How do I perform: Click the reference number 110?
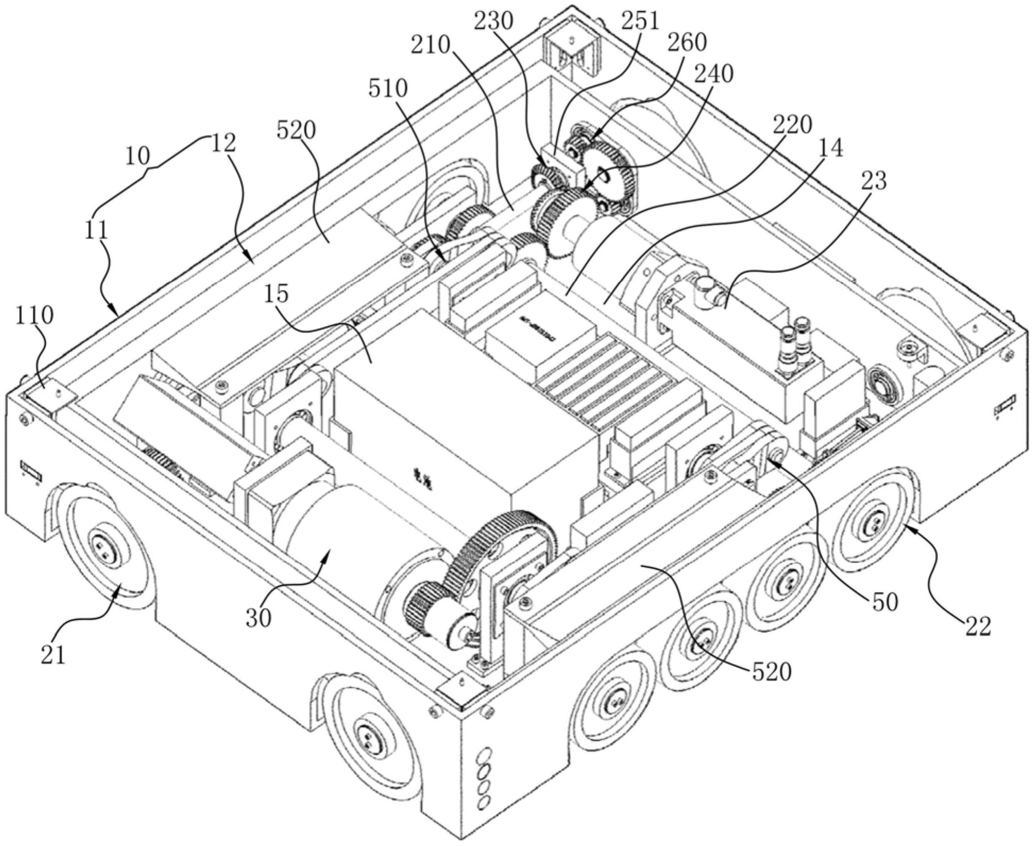click(33, 316)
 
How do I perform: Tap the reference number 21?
click(54, 656)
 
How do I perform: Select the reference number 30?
click(259, 618)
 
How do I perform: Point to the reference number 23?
click(874, 181)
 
